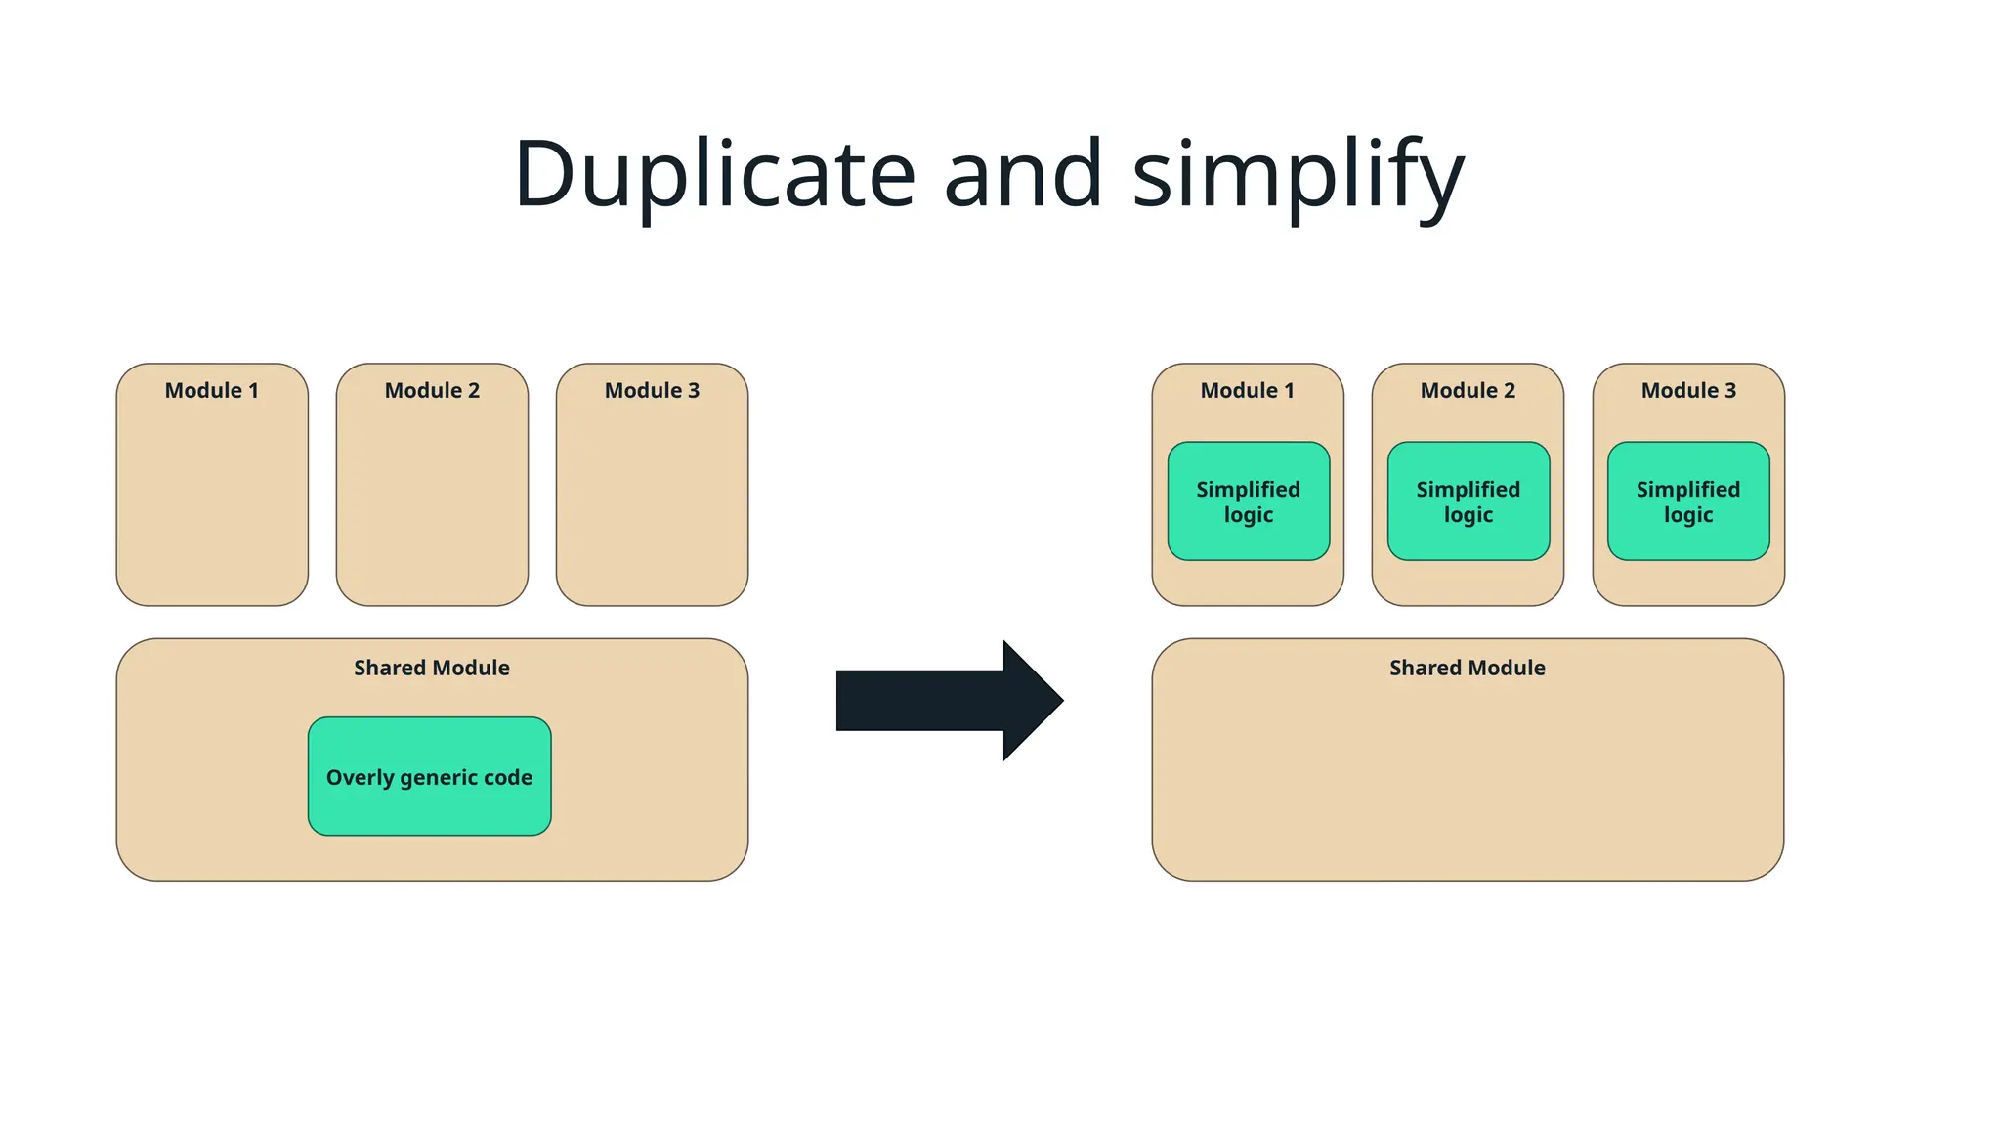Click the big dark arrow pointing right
(x=938, y=700)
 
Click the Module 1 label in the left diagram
(x=212, y=390)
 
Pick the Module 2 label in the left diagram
(x=432, y=390)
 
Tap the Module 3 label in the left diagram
(x=652, y=390)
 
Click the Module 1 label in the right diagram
(x=1247, y=390)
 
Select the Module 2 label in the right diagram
(x=1468, y=390)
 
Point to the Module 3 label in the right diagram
(x=1688, y=390)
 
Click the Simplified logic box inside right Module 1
(x=1248, y=501)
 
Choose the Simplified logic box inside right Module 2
(x=1469, y=501)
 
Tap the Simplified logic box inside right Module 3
(x=1688, y=501)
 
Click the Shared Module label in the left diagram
(x=431, y=668)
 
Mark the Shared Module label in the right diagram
(x=1467, y=668)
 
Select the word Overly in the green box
(x=360, y=778)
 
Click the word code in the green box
(x=508, y=777)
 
